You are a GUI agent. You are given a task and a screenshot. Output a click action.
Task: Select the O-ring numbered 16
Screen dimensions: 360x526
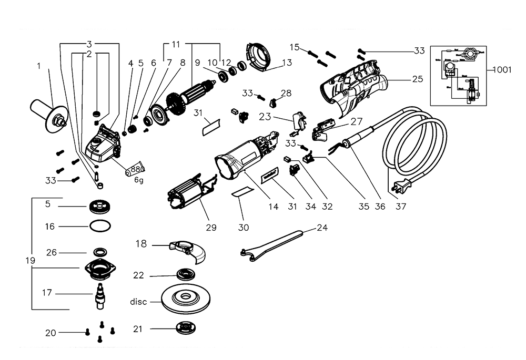coord(100,227)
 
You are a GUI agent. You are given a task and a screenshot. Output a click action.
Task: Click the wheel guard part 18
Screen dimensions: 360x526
coord(189,251)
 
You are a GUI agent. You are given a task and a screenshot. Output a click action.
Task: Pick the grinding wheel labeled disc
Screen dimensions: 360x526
coord(185,302)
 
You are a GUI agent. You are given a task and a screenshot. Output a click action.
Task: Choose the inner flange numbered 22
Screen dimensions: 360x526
coord(186,274)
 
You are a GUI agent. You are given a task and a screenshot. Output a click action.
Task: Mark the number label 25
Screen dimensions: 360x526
coord(417,80)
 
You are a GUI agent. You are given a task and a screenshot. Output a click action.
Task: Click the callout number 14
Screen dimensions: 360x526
coord(274,207)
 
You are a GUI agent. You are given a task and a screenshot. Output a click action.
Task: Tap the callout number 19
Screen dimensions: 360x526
coord(30,260)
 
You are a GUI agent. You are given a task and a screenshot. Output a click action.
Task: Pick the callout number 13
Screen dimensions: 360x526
coord(287,63)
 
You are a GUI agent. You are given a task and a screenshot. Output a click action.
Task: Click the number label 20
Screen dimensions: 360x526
coord(50,333)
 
